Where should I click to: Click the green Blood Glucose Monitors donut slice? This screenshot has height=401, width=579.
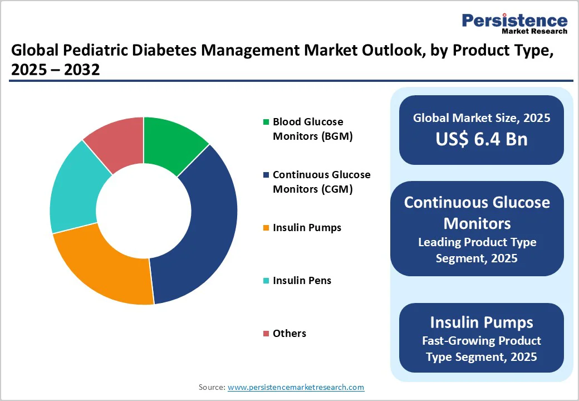pyautogui.click(x=173, y=142)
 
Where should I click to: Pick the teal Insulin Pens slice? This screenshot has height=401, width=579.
pyautogui.click(x=72, y=189)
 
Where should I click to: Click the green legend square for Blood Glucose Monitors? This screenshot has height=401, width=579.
pyautogui.click(x=266, y=122)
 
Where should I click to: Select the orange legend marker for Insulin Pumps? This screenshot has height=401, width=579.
pyautogui.click(x=266, y=228)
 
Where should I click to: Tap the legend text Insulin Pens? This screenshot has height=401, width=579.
pyautogui.click(x=302, y=281)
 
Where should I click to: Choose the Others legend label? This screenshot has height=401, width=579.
pyautogui.click(x=289, y=334)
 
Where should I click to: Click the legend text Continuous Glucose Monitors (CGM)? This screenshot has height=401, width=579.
pyautogui.click(x=321, y=182)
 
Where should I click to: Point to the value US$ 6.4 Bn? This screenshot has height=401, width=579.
pyautogui.click(x=482, y=139)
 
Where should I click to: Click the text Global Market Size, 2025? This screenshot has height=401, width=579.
pyautogui.click(x=482, y=118)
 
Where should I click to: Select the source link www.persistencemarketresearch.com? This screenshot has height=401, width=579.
pyautogui.click(x=296, y=387)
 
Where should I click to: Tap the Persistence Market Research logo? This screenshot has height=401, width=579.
pyautogui.click(x=514, y=23)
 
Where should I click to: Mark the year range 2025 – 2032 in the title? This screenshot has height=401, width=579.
pyautogui.click(x=55, y=71)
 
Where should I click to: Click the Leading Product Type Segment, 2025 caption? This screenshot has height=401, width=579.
pyautogui.click(x=477, y=250)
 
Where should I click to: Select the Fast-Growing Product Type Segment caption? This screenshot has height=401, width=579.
pyautogui.click(x=482, y=348)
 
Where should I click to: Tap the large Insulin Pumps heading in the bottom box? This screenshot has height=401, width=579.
pyautogui.click(x=482, y=322)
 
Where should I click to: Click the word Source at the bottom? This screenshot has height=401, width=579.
pyautogui.click(x=211, y=387)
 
